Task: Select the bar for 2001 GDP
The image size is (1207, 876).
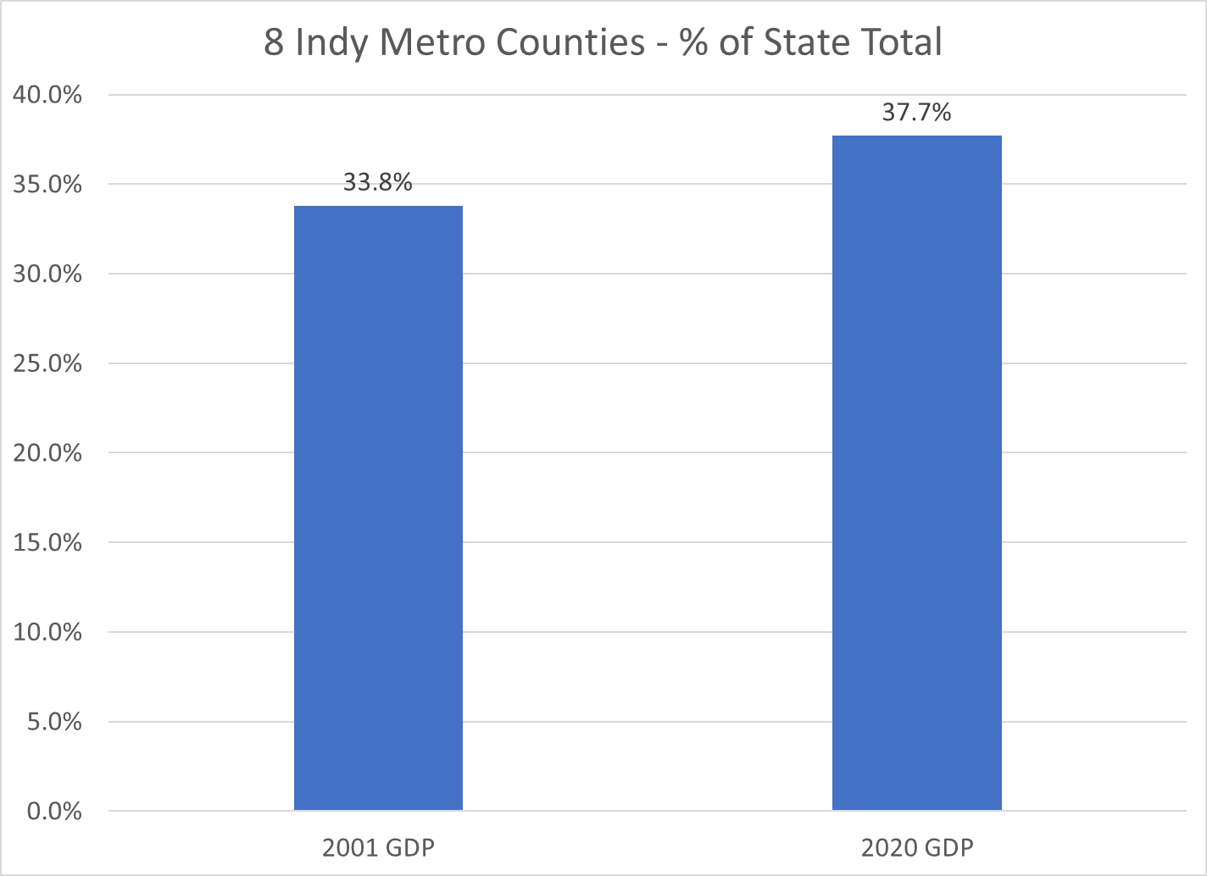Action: [x=378, y=508]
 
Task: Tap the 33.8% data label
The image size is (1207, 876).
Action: [x=378, y=182]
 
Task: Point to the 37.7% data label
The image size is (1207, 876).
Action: [x=916, y=112]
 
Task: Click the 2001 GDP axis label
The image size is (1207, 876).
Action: [x=378, y=848]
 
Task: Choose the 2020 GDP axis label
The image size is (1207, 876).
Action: [x=917, y=848]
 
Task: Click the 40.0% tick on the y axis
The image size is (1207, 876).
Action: [x=47, y=95]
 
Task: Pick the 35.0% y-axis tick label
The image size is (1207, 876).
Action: [x=47, y=185]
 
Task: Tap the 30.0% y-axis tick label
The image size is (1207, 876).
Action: [x=47, y=274]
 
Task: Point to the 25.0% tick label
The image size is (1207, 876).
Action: [x=47, y=364]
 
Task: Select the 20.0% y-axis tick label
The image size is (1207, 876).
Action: [x=47, y=453]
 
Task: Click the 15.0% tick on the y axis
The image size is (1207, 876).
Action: [x=47, y=543]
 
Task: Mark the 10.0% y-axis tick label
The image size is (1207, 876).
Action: [x=47, y=633]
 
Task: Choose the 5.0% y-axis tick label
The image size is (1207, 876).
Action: [x=53, y=723]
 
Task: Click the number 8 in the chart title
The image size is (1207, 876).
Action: [x=273, y=42]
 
